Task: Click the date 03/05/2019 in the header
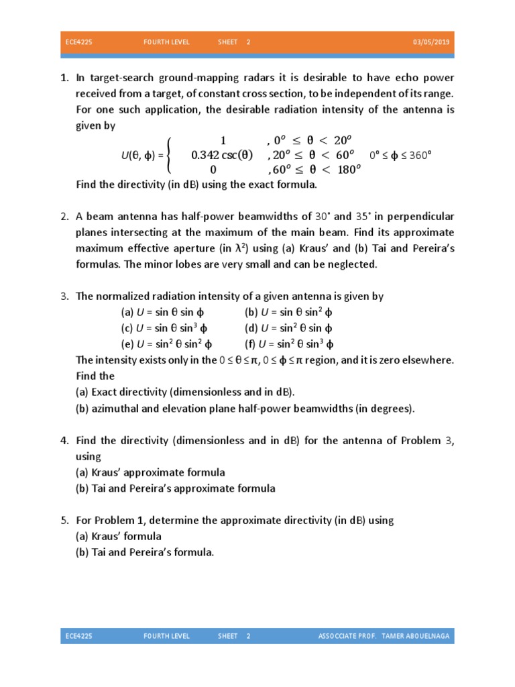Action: pos(432,42)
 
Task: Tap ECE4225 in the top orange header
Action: pos(79,42)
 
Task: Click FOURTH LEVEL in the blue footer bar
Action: pos(166,636)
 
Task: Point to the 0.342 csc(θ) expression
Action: pos(222,155)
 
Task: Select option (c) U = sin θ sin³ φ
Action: pos(164,329)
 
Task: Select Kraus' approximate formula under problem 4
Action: pos(150,472)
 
